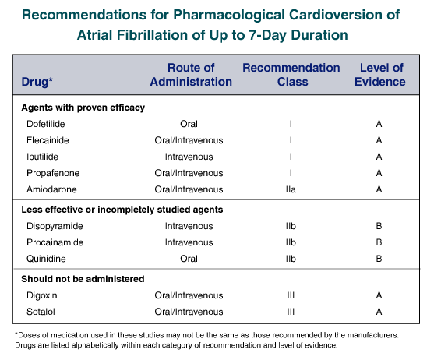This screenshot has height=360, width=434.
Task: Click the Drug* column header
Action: (x=37, y=82)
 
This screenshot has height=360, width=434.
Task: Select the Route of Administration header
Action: (x=191, y=75)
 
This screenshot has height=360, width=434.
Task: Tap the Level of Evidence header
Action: (x=380, y=75)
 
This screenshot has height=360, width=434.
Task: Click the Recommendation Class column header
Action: (x=291, y=75)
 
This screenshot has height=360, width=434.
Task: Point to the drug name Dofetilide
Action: (x=46, y=124)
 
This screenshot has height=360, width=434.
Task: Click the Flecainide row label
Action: (x=48, y=140)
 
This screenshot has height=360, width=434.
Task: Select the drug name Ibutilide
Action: (x=42, y=157)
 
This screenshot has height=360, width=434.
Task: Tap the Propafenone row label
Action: (x=53, y=173)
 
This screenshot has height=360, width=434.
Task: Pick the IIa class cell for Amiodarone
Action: (x=291, y=189)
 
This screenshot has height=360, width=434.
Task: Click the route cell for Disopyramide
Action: (x=189, y=226)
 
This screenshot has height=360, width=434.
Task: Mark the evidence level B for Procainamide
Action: (x=379, y=242)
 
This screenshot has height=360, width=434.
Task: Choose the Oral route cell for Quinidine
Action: (x=189, y=259)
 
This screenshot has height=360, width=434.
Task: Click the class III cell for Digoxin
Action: (x=291, y=295)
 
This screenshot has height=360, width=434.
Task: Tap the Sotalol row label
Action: (x=41, y=312)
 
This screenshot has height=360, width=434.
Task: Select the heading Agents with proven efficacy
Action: (x=83, y=108)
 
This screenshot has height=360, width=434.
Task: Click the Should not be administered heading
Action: (x=83, y=279)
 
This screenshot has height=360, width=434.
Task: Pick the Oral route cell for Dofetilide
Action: (x=189, y=124)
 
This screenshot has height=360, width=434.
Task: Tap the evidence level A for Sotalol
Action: (x=379, y=312)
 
